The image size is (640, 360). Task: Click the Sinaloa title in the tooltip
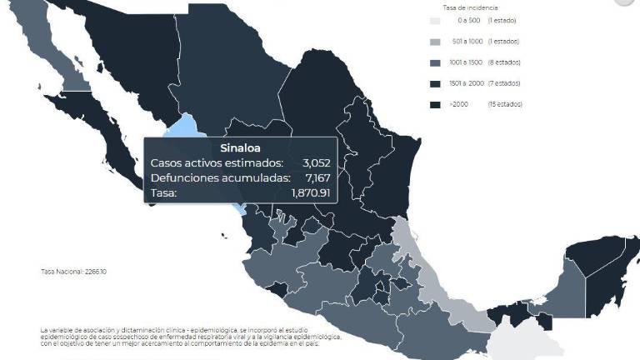pos(220,148)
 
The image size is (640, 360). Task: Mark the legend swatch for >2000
pos(435,105)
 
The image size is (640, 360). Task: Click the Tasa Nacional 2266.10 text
pos(63,272)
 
